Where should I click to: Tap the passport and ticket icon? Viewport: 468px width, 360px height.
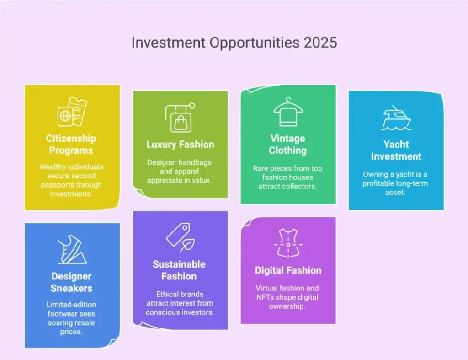click(x=72, y=111)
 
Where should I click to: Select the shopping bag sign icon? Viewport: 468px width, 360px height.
click(x=180, y=118)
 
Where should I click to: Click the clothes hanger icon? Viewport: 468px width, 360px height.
click(x=288, y=112)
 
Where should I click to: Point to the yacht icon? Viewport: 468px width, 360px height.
click(x=396, y=118)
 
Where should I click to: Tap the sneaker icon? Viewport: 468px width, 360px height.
click(x=72, y=250)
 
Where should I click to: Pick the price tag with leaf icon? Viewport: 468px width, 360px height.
click(x=180, y=238)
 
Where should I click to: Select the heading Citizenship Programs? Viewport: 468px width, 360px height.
click(x=71, y=144)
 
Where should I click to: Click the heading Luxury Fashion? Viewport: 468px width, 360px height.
click(x=180, y=145)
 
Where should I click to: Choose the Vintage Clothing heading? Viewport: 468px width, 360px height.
click(x=288, y=144)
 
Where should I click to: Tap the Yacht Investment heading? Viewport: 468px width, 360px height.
click(x=396, y=150)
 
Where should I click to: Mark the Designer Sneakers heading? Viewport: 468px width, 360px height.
click(x=72, y=282)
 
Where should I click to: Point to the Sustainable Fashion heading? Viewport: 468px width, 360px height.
click(x=179, y=270)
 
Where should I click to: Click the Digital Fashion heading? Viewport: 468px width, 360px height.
click(x=288, y=270)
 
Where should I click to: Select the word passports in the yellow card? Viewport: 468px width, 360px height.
click(x=61, y=185)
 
